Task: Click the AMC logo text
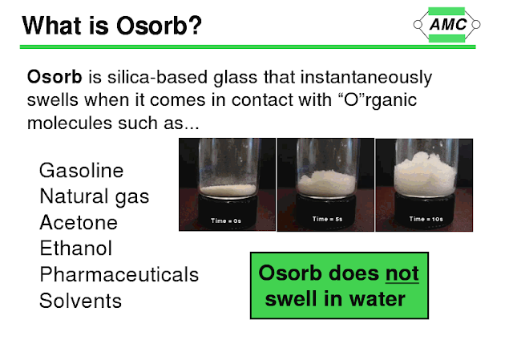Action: tap(448, 25)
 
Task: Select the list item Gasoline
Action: tap(81, 171)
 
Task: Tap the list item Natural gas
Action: tap(95, 197)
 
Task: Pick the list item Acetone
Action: tap(79, 223)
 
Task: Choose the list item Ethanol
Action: tap(76, 249)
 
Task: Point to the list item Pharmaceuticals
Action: tap(119, 274)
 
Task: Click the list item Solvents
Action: tap(80, 301)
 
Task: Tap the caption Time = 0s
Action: tap(226, 221)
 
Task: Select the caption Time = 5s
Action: tap(327, 219)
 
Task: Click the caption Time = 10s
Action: tap(426, 219)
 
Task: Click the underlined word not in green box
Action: tap(402, 273)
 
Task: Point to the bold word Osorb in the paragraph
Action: tap(55, 77)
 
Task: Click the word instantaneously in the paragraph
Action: tap(366, 78)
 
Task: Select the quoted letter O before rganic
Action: tap(351, 99)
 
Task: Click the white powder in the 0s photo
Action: tap(228, 189)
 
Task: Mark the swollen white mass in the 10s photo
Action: tap(425, 174)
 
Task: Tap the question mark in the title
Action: tap(195, 26)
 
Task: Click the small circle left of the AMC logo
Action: tap(418, 25)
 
